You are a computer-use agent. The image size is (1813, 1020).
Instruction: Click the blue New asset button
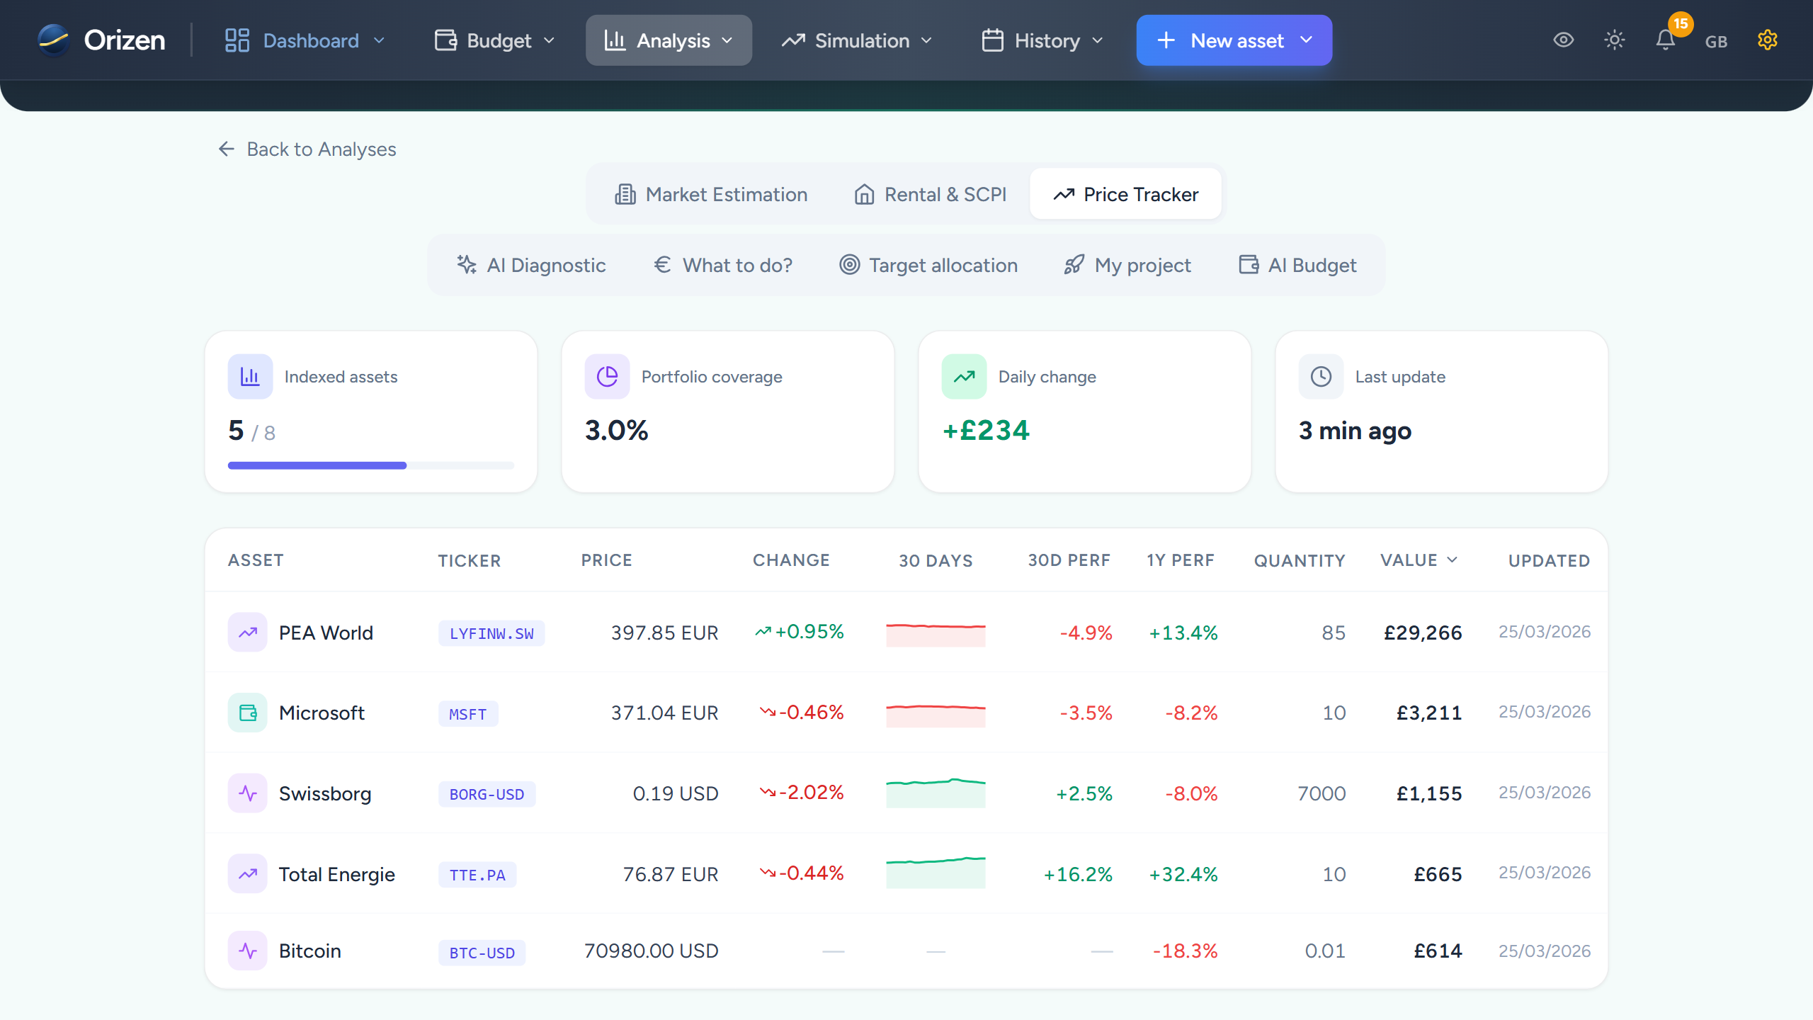tap(1234, 40)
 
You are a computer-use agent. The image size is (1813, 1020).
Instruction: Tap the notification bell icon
tap(1665, 40)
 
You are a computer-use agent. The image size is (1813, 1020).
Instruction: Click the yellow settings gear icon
tap(1767, 40)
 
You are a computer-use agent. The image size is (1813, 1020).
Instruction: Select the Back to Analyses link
tap(307, 149)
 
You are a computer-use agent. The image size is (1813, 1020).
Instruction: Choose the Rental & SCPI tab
tap(930, 195)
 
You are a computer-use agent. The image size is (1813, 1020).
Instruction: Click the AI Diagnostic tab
tap(531, 266)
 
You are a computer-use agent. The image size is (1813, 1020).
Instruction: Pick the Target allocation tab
tap(928, 266)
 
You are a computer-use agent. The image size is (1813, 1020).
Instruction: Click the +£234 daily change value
tap(985, 431)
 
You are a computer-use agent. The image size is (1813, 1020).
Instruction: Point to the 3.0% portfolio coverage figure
tap(616, 431)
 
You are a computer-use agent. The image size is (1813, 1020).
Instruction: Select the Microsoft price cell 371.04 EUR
tap(664, 713)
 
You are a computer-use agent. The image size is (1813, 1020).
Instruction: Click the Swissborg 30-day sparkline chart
tap(936, 793)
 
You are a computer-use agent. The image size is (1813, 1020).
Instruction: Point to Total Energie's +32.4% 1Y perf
tap(1183, 875)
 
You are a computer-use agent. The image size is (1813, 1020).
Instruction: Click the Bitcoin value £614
tap(1438, 951)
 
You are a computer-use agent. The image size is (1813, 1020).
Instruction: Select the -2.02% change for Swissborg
tap(802, 793)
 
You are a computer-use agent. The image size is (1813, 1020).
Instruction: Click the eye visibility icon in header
tap(1563, 40)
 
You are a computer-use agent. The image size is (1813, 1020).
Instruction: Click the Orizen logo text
tap(124, 40)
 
